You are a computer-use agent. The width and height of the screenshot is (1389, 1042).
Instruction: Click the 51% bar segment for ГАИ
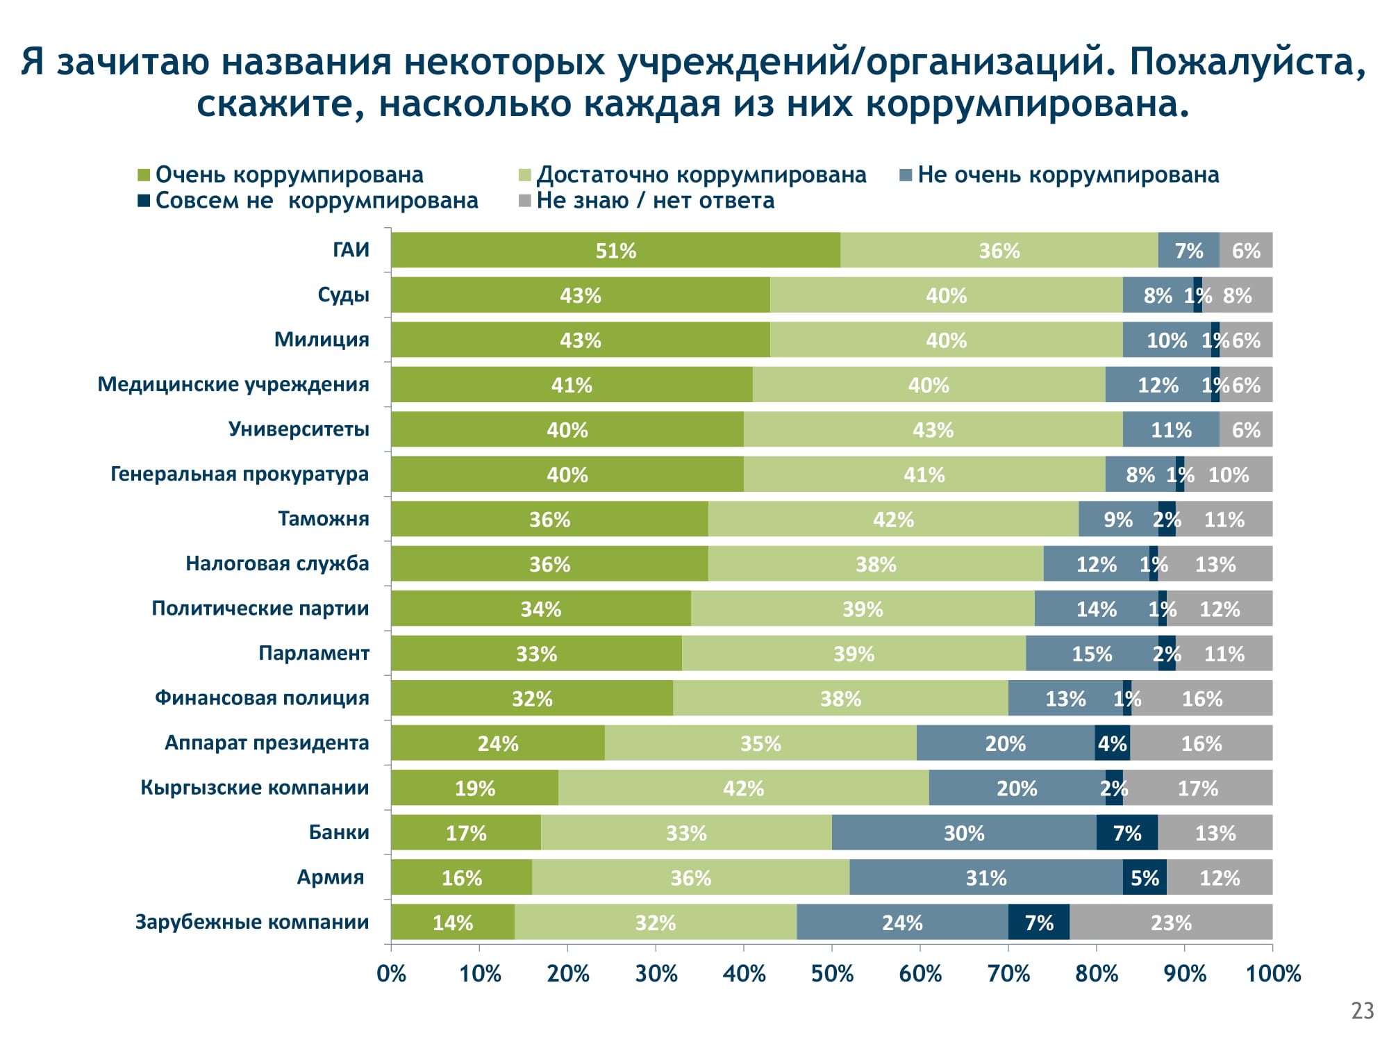coord(615,250)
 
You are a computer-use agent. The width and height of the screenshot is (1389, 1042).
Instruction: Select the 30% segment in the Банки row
coord(964,832)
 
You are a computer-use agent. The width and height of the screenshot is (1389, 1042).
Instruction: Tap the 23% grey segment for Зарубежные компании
coord(1171,922)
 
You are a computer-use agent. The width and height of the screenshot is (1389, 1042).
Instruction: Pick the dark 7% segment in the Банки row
coord(1126,832)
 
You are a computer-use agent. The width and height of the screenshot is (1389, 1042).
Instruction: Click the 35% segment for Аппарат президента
coord(760,743)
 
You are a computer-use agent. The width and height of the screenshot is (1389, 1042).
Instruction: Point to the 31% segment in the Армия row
coord(985,877)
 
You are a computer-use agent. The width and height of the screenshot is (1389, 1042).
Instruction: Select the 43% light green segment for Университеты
coord(933,429)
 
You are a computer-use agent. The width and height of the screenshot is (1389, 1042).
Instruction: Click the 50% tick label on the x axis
coord(832,974)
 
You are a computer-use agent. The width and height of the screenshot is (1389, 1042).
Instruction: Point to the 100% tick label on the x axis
coord(1273,974)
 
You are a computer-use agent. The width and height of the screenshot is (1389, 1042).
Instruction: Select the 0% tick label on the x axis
coord(391,974)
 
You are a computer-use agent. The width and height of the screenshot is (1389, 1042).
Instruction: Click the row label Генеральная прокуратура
coord(240,474)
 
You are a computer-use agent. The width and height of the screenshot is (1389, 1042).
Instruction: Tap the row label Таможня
coord(324,519)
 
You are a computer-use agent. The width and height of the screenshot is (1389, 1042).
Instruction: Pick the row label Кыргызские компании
coord(255,787)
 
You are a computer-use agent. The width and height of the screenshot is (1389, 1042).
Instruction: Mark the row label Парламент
coord(314,653)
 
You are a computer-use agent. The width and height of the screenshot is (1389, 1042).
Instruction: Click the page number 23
coord(1363,1011)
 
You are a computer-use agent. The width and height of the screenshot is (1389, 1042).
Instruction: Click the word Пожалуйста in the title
coord(1247,61)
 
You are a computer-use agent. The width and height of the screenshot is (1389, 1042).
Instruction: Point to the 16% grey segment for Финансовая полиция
coord(1202,698)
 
